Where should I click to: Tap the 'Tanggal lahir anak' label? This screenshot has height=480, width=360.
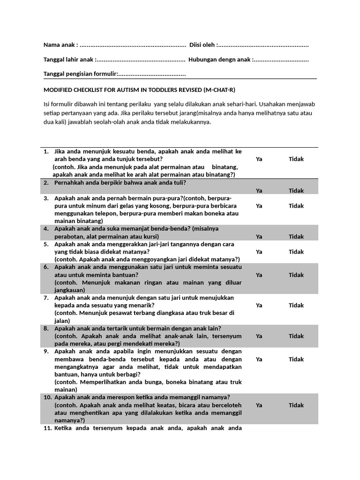68,60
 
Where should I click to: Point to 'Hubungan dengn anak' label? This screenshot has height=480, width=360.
219,60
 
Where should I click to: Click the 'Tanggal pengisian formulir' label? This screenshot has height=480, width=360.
80,74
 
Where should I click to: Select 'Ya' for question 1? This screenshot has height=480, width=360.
259,159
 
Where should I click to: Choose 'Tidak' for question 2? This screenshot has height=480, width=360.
296,190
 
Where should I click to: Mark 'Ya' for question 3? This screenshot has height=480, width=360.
259,206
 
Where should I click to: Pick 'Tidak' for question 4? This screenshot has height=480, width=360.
296,237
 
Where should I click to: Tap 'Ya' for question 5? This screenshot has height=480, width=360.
259,252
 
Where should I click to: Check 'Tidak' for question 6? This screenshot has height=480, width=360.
296,275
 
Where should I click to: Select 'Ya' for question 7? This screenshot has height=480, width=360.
259,305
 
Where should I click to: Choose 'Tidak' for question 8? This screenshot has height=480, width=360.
296,336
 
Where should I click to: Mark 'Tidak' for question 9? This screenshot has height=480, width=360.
296,359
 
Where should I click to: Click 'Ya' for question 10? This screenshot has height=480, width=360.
259,405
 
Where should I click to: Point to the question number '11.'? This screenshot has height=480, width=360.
47,428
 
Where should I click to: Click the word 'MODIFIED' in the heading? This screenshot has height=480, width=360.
58,90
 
